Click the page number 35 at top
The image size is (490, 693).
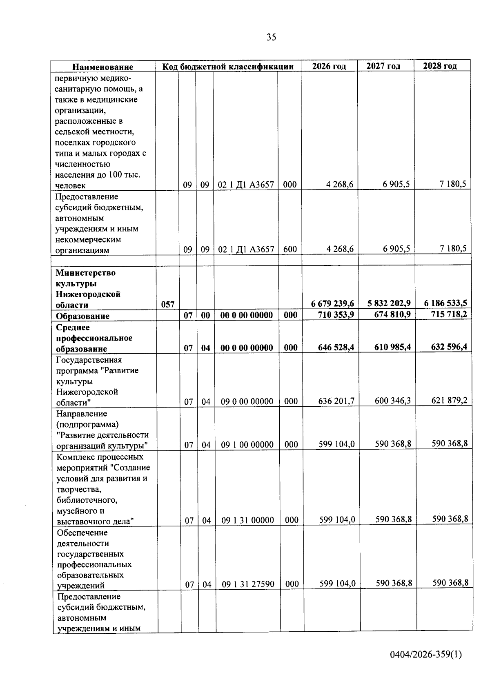tap(271, 38)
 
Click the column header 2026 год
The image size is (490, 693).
tap(329, 66)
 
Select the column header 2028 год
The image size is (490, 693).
tap(440, 66)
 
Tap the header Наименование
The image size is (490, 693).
tap(103, 67)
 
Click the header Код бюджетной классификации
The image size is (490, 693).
tap(228, 67)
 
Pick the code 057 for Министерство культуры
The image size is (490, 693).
tap(167, 304)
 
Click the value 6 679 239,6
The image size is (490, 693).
tap(332, 303)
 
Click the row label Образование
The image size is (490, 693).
tap(82, 316)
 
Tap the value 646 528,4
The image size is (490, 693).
tap(336, 348)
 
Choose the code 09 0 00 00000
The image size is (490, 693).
tap(247, 401)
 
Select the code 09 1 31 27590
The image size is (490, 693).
tap(248, 584)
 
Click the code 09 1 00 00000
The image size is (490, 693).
tap(247, 444)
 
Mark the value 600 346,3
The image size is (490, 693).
tap(392, 401)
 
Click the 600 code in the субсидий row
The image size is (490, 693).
tap(290, 249)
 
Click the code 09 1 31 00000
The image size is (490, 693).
tap(247, 520)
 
